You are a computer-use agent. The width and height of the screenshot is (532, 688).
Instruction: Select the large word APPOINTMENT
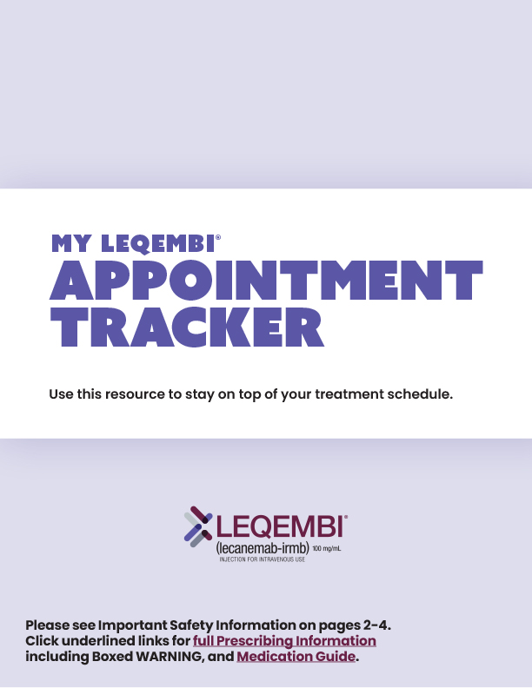266,282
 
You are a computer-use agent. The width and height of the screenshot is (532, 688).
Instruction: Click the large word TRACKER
187,329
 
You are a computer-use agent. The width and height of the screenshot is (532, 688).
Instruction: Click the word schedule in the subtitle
422,394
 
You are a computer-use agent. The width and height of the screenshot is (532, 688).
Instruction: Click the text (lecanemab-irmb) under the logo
262,549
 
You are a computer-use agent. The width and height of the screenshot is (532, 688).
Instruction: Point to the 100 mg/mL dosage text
328,550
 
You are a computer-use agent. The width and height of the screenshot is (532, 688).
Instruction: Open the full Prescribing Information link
284,641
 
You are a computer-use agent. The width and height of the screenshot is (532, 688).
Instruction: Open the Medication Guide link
296,657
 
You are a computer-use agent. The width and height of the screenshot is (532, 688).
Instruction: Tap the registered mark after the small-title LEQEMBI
218,237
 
